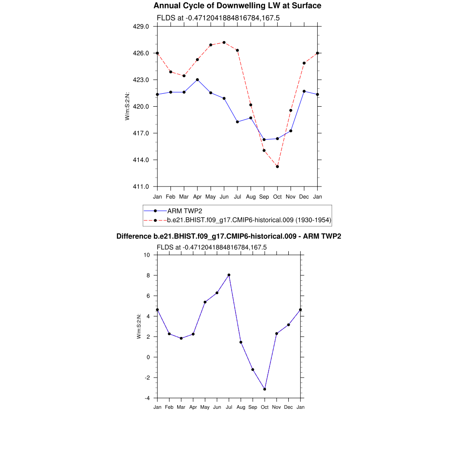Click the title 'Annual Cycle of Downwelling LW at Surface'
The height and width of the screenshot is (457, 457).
237,6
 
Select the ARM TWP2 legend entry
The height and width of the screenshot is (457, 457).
183,211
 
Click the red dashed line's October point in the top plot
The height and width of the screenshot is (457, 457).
278,166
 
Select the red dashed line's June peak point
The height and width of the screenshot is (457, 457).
224,42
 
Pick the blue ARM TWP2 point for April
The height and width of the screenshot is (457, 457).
197,79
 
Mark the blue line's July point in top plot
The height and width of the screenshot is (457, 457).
237,122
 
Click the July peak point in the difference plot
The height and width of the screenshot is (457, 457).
229,275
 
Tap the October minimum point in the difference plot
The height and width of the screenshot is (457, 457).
265,389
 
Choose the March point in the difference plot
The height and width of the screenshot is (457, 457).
181,338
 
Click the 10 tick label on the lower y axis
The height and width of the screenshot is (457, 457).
147,255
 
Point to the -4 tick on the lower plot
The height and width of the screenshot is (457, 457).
147,398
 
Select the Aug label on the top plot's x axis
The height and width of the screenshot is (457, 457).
251,196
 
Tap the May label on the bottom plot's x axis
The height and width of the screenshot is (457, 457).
205,407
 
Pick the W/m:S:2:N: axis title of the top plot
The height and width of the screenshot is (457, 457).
128,106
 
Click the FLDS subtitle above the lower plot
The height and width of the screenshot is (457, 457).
212,247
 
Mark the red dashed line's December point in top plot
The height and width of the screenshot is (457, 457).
304,63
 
